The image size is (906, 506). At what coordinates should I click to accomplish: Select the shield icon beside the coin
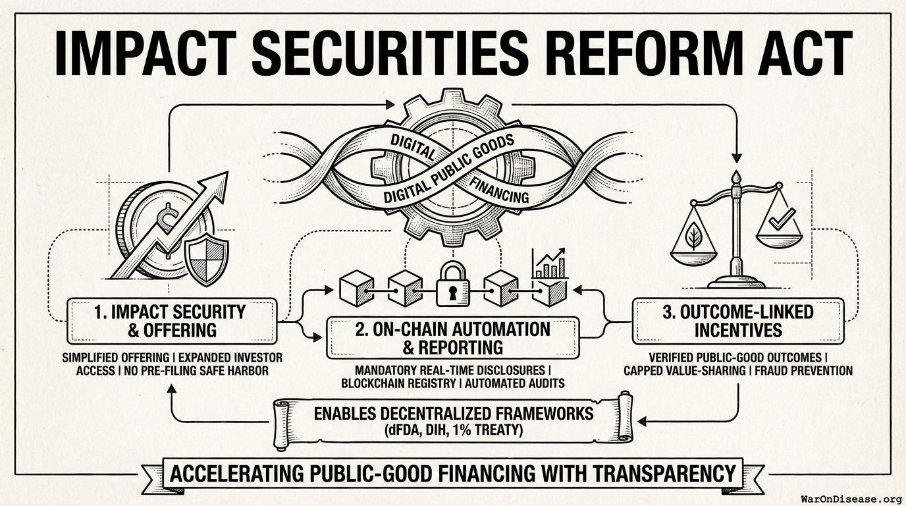click(206, 259)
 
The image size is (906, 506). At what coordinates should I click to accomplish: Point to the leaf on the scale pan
click(694, 236)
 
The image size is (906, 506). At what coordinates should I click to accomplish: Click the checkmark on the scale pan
click(782, 219)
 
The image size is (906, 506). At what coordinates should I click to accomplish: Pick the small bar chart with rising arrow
click(550, 264)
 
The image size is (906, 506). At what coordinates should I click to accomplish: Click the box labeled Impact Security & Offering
click(172, 321)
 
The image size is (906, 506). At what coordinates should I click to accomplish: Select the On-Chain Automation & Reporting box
click(453, 338)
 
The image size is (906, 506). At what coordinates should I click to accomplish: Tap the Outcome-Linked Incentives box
click(738, 321)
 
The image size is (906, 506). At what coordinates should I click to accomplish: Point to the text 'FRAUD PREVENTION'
click(804, 370)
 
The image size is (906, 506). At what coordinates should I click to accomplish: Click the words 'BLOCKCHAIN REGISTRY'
click(398, 383)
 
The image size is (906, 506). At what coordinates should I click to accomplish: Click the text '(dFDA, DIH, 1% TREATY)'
click(454, 430)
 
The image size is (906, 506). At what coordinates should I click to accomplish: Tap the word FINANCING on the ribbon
click(498, 190)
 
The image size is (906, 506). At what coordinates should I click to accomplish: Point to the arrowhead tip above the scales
click(737, 163)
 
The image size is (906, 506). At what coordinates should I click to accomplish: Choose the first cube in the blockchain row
click(356, 288)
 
